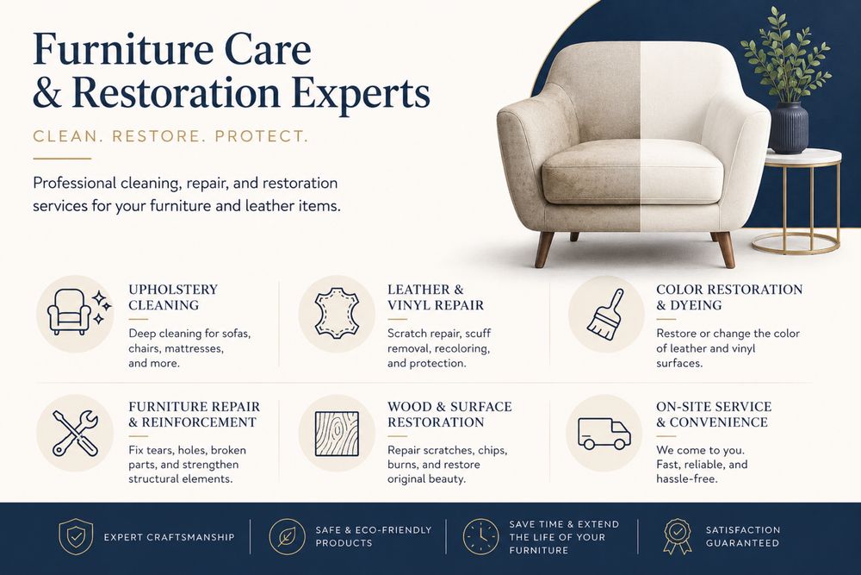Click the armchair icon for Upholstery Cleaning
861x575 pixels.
[x=69, y=312]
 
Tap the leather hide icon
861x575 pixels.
[x=337, y=313]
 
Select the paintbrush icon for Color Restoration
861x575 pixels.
[x=605, y=313]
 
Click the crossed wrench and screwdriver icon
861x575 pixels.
[x=75, y=433]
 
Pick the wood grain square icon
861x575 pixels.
[x=337, y=434]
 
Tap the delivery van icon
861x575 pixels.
[x=604, y=433]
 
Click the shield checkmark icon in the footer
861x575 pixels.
[x=75, y=536]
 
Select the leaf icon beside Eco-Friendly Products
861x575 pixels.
[x=288, y=536]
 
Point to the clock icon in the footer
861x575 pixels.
[x=480, y=536]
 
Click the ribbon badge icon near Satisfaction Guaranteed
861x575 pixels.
[x=678, y=536]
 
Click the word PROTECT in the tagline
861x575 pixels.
[x=262, y=136]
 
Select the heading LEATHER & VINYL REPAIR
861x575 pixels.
[x=436, y=297]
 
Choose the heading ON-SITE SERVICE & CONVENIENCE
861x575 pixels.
[x=713, y=415]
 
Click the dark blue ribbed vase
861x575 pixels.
[x=789, y=128]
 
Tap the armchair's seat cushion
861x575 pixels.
[x=633, y=173]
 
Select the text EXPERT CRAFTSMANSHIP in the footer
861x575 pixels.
[x=169, y=537]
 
